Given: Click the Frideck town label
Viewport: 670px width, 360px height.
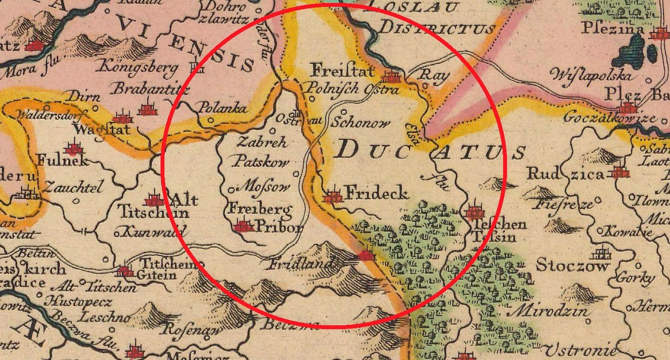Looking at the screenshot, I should [377, 194].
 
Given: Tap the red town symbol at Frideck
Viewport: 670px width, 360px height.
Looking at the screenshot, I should [334, 196].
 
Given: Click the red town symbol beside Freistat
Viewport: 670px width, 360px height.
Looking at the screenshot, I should [391, 77].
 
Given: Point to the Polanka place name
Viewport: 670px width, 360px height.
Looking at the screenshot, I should [222, 109].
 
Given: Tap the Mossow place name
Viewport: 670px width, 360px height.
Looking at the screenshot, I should [262, 186].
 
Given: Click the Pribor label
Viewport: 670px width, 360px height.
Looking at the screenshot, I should [279, 227].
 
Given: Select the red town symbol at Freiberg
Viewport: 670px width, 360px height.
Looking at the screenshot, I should [243, 226].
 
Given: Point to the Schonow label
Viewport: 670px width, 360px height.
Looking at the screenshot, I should [361, 123].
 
